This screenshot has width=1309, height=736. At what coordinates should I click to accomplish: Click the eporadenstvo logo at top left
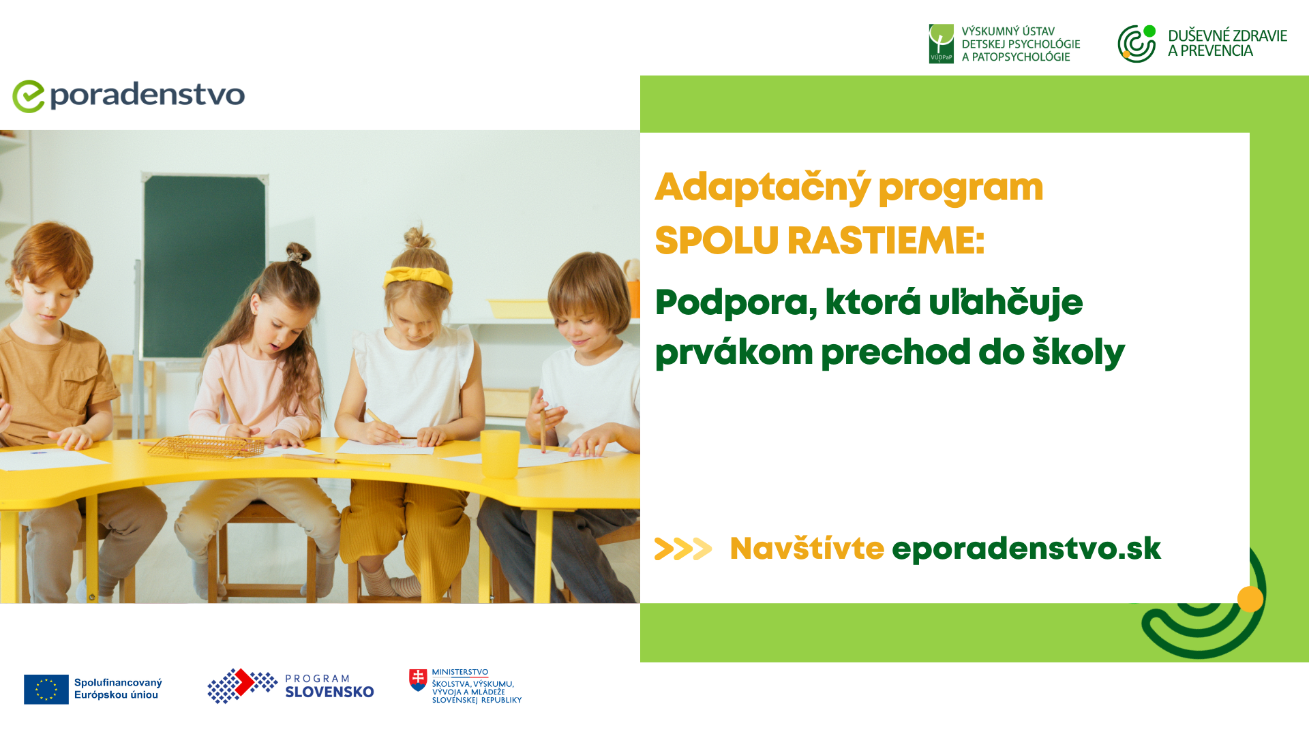[x=129, y=96]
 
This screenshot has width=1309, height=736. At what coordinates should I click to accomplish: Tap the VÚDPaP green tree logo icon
[x=941, y=44]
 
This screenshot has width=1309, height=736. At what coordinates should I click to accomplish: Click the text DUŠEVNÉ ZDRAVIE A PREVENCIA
[x=1227, y=43]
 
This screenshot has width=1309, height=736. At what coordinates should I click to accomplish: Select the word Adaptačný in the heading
[x=763, y=187]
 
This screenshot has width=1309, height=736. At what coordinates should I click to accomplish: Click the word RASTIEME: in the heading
[x=886, y=241]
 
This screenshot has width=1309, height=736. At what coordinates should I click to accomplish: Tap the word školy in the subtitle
[x=1078, y=352]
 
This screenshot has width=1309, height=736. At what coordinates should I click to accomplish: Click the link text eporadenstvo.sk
[x=1026, y=549]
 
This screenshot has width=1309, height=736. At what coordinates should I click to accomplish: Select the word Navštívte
[x=807, y=548]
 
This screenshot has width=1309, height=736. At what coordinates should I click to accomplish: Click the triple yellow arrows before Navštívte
[x=683, y=549]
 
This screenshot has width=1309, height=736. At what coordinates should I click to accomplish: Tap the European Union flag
[x=46, y=689]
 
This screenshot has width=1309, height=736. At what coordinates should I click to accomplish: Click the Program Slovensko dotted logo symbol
[x=242, y=686]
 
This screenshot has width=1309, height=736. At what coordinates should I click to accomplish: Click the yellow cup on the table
[x=500, y=454]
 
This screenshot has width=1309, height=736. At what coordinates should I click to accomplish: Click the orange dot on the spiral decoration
[x=1250, y=599]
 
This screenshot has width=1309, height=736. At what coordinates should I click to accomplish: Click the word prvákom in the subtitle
[x=734, y=353]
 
